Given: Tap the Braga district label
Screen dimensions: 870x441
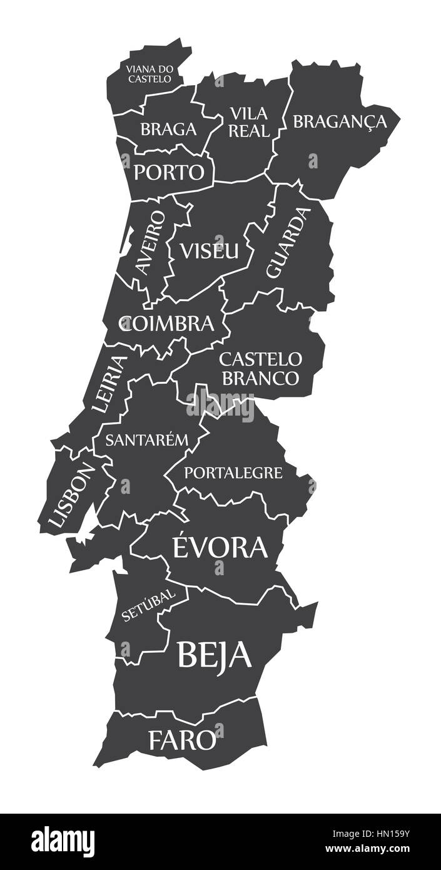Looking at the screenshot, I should coord(168,130).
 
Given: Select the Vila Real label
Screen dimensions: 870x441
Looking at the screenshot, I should coord(249,122).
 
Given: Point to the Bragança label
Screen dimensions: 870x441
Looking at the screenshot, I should coord(340,121).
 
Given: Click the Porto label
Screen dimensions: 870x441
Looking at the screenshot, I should coord(169,171).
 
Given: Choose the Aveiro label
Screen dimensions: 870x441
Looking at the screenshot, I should coord(151,242).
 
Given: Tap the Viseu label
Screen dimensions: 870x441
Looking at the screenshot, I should coord(209,250).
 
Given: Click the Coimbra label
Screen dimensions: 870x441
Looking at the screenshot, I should coord(167,324).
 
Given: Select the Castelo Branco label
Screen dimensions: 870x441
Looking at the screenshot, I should coord(260,369).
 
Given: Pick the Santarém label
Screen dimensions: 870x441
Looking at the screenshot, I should coord(146,439).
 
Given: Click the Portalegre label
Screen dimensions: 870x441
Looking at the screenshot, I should coord(233,473).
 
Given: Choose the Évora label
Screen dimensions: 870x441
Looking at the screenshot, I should coord(219,547).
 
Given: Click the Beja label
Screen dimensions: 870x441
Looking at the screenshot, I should coord(215,655).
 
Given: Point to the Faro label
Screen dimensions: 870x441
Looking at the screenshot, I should coord(181,740).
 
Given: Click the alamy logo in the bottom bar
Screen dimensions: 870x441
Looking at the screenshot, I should coord(63,842).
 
